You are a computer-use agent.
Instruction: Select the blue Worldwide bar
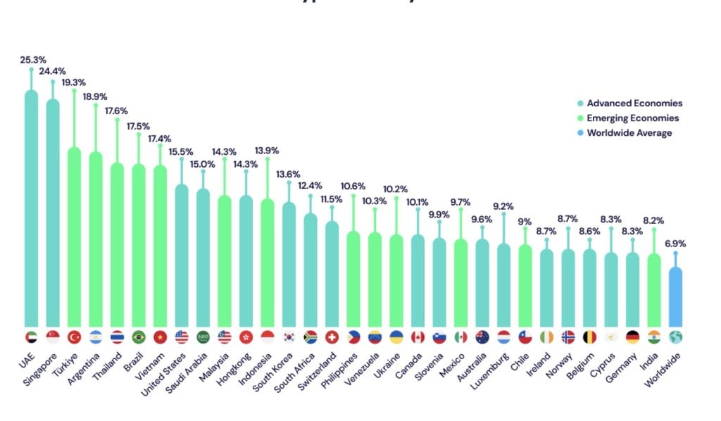(x=675, y=296)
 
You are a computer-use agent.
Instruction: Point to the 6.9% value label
(x=675, y=244)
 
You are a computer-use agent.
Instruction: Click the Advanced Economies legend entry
(x=634, y=103)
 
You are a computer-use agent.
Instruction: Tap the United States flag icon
(x=182, y=337)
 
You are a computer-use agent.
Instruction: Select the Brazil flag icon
(x=139, y=337)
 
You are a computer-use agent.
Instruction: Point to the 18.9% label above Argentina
(x=96, y=96)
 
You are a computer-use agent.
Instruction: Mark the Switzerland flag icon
(x=332, y=337)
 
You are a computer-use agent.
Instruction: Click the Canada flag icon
(x=418, y=337)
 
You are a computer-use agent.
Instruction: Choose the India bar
(x=654, y=289)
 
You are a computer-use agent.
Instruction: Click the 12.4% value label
(x=311, y=186)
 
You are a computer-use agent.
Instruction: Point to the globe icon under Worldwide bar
(x=675, y=337)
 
